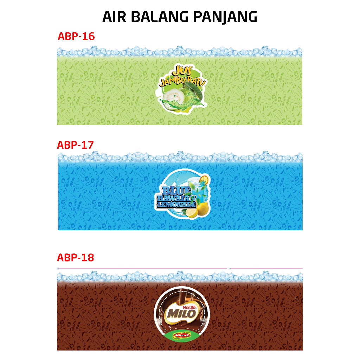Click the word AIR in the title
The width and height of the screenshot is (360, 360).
coord(114,17)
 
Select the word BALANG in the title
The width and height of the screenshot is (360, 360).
coord(160,17)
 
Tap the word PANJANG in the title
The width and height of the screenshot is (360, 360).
coord(225,17)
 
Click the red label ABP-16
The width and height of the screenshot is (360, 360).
coord(76,37)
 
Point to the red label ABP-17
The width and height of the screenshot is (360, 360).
coord(75,145)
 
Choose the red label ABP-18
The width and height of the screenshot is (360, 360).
coord(76,258)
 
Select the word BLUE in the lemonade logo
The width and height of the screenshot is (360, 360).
coord(176,191)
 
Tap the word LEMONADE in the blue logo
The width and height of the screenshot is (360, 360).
coord(176,205)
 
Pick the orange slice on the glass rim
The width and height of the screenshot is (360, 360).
coord(204,179)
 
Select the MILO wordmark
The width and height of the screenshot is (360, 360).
coord(181,314)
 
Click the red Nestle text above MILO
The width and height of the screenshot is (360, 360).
coord(189,307)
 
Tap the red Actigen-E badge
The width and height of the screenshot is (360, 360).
coord(182,335)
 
